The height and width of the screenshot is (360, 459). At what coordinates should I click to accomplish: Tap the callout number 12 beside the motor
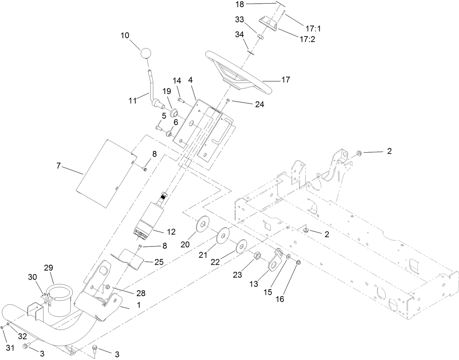pos(171,231)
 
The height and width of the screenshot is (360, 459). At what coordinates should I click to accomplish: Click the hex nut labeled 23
pos(256,255)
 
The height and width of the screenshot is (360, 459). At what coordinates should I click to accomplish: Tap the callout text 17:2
pos(307,39)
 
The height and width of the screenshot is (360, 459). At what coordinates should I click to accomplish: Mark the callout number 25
pos(159,262)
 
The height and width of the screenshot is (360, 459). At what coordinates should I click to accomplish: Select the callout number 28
pos(140,293)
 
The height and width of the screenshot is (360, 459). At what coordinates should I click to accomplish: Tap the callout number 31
pos(10,348)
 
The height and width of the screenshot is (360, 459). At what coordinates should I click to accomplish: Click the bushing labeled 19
pos(173,111)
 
